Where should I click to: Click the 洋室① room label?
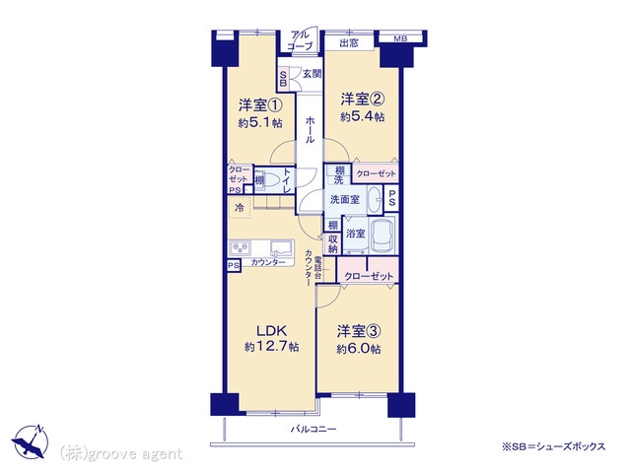tap(260, 105)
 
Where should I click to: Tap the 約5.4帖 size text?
tap(362, 117)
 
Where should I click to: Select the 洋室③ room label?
tap(359, 332)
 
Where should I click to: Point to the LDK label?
tap(272, 331)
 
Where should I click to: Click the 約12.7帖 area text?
tap(272, 347)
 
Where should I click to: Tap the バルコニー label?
tap(314, 430)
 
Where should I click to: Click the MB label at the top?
tap(400, 38)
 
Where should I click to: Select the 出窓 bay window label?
tap(349, 43)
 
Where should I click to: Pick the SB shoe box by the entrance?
tap(283, 79)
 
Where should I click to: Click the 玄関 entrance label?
tap(312, 74)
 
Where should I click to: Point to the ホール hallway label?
tap(310, 129)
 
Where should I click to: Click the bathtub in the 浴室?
tap(383, 236)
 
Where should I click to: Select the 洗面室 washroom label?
tap(345, 199)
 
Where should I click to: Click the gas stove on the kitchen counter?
tap(241, 247)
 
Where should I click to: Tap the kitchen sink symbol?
tap(282, 247)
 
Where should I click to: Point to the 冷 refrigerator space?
tap(240, 208)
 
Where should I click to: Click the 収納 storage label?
tap(333, 243)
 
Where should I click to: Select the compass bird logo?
tap(31, 441)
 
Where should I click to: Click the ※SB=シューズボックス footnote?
tap(553, 446)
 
